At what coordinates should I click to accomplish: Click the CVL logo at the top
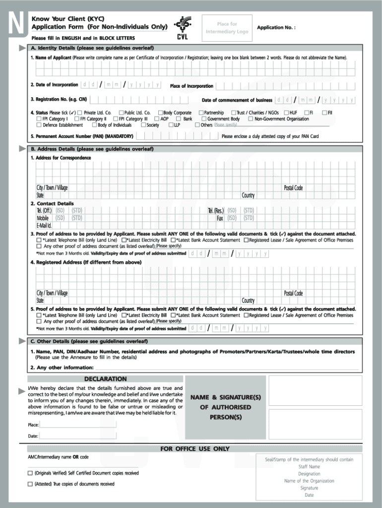click(x=182, y=28)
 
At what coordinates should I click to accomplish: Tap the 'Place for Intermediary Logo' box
click(x=227, y=28)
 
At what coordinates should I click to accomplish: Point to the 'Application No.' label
click(x=276, y=28)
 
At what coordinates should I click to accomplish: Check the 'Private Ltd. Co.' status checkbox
click(x=79, y=113)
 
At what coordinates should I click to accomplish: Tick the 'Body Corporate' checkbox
click(x=160, y=113)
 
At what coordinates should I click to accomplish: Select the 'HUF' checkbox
click(x=286, y=113)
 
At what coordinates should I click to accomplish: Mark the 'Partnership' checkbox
click(x=201, y=113)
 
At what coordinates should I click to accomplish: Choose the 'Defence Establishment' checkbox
click(x=39, y=125)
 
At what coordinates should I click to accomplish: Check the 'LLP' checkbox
click(x=171, y=125)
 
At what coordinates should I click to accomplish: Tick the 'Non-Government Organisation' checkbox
click(x=251, y=119)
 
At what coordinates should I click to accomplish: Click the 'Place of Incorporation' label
click(x=191, y=86)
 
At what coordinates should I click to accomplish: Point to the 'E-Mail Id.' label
click(x=44, y=226)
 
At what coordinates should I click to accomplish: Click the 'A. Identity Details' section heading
click(x=92, y=48)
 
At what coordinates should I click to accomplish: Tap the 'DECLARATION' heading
click(x=105, y=379)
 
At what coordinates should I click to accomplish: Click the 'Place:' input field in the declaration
click(x=78, y=424)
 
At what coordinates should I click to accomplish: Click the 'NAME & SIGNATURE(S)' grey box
click(x=225, y=407)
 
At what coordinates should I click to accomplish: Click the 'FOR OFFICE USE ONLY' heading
click(x=195, y=449)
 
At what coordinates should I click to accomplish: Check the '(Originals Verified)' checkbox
click(x=31, y=473)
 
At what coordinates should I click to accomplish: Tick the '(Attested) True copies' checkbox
click(x=31, y=484)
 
